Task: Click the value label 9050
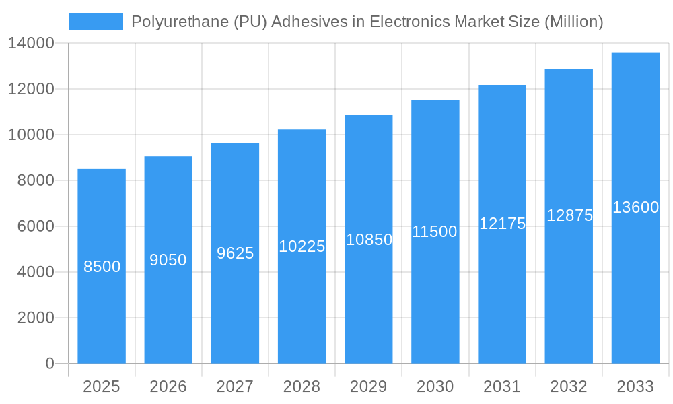click(x=168, y=260)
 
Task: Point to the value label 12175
click(x=502, y=224)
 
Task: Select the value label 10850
click(x=369, y=239)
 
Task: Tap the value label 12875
click(x=569, y=215)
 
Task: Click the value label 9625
click(x=235, y=253)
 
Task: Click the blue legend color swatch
click(x=96, y=22)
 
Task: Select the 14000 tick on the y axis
click(x=31, y=43)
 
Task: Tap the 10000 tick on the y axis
click(x=31, y=135)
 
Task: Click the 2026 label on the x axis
click(x=168, y=386)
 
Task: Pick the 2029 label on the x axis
click(x=369, y=386)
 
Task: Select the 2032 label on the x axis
click(x=569, y=386)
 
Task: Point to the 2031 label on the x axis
click(x=502, y=386)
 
